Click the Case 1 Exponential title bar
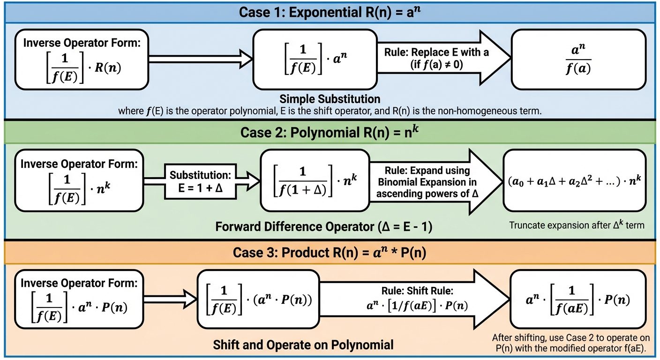pos(330,12)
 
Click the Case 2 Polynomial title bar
pos(330,133)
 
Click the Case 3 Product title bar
pos(330,253)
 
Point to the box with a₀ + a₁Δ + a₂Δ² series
pos(574,180)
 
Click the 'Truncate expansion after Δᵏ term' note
pos(577,225)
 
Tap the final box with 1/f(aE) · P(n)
pos(580,299)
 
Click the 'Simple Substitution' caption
pos(330,99)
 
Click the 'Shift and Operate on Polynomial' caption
pos(303,345)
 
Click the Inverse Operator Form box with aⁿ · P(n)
pos(78,299)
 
